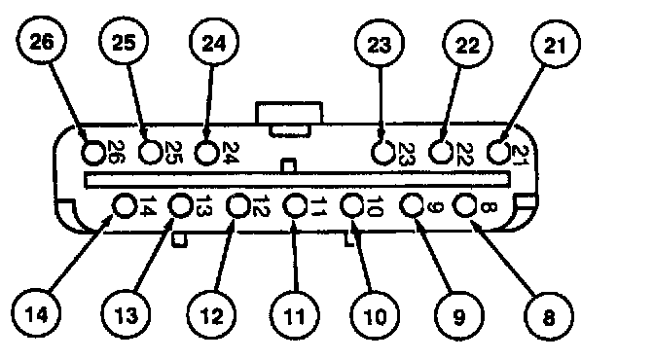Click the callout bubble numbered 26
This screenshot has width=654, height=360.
pos(42,41)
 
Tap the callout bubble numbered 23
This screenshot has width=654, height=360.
pos(380,44)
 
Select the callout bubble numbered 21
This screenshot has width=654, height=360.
pos(556,44)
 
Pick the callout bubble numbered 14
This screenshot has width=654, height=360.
pos(36,314)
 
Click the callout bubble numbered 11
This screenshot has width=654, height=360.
pos(295,316)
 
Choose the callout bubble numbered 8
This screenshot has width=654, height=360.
pos(549,316)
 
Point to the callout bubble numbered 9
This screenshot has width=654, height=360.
pos(459,316)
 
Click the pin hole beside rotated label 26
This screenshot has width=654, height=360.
pos(93,152)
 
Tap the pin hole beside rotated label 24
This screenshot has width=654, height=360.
pos(206,152)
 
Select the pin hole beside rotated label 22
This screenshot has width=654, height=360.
pos(441,152)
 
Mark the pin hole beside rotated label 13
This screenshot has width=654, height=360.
pos(180,205)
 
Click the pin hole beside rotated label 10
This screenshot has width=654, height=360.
pos(352,205)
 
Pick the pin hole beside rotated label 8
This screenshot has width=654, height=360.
pos(465,205)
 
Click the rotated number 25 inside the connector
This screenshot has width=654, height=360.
pos(172,152)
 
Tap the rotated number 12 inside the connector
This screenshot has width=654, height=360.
pos(260,206)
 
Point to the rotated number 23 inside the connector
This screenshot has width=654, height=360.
pos(406,154)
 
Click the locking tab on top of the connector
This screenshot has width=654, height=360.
pos(289,119)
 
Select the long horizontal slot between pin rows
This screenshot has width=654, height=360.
pos(297,179)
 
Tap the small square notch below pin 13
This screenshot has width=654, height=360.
pos(179,239)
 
